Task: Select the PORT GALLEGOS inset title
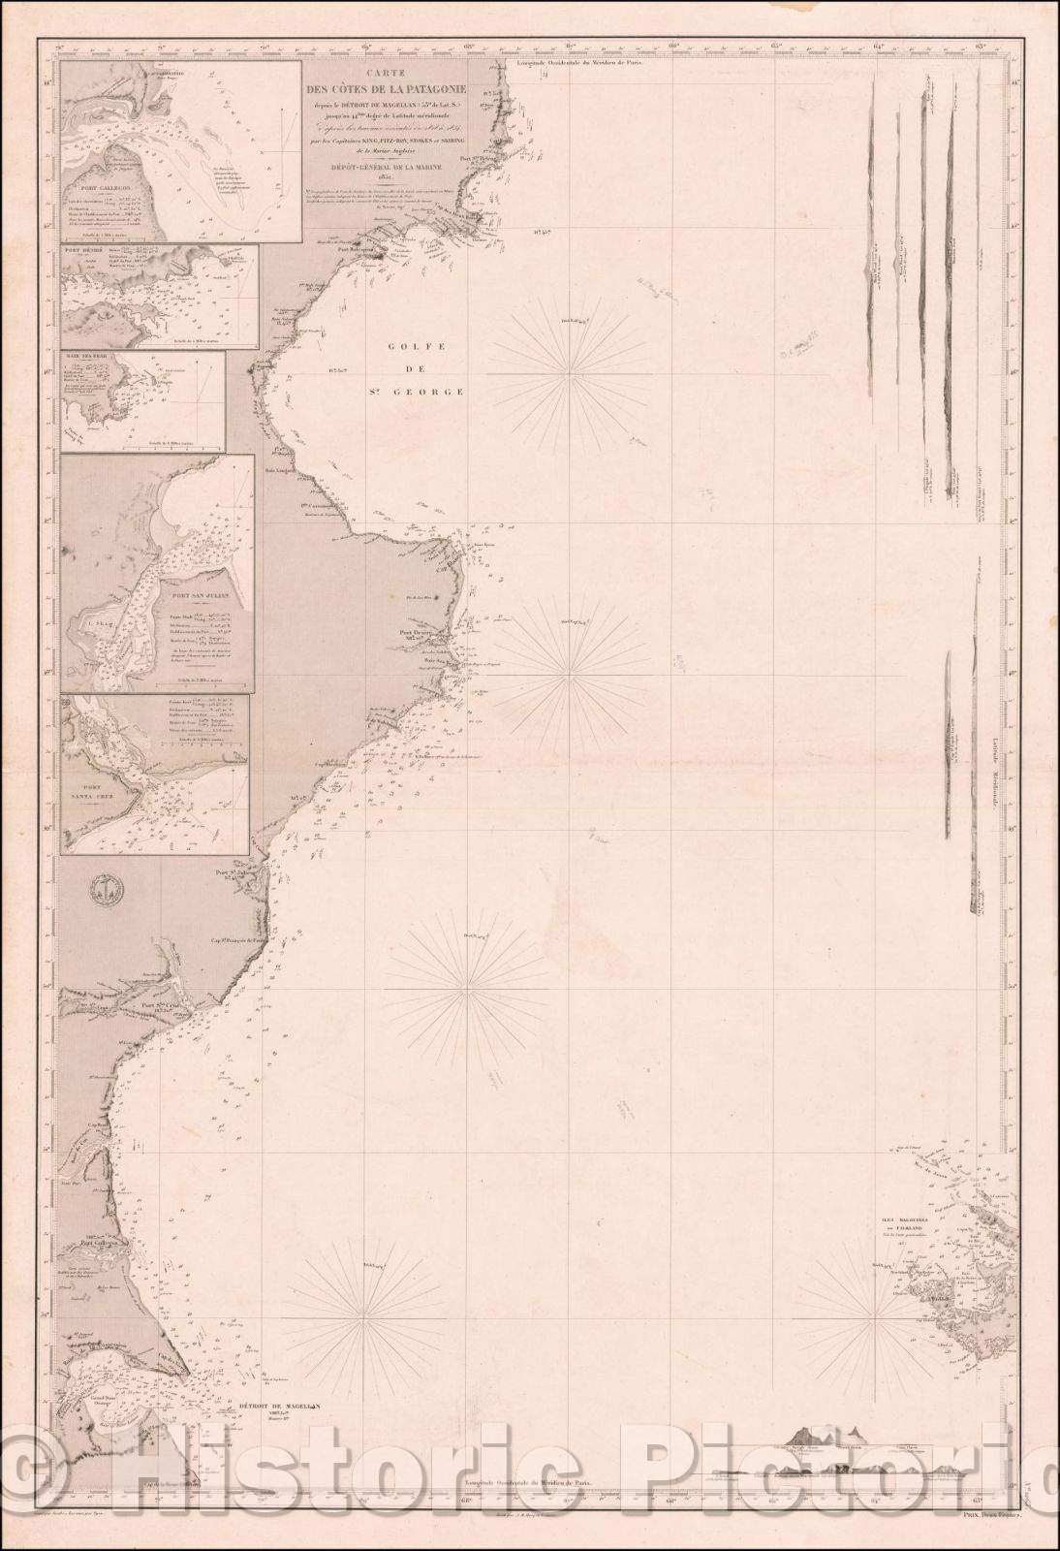click(107, 188)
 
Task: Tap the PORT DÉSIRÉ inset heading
click(82, 253)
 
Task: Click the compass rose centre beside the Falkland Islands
click(876, 1319)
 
